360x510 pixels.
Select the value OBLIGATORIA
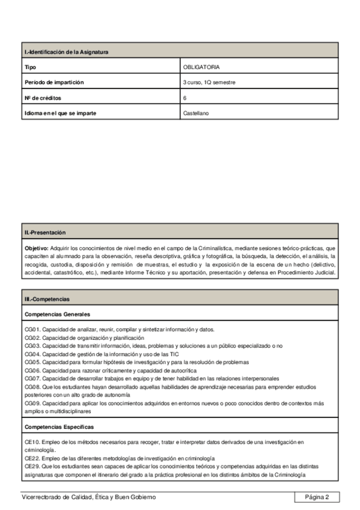(x=202, y=67)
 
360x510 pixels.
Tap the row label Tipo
(x=29, y=67)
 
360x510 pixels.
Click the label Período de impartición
(x=54, y=82)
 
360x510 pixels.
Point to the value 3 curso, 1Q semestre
(x=209, y=82)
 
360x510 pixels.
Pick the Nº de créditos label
(x=43, y=97)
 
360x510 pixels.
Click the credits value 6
(x=185, y=97)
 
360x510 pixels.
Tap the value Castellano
(x=197, y=112)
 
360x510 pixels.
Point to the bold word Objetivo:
(x=36, y=248)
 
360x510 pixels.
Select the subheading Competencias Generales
(x=58, y=314)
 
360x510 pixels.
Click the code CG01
(x=32, y=330)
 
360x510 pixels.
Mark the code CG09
(x=32, y=404)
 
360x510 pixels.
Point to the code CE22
(x=32, y=458)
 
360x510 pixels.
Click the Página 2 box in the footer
(x=317, y=497)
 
